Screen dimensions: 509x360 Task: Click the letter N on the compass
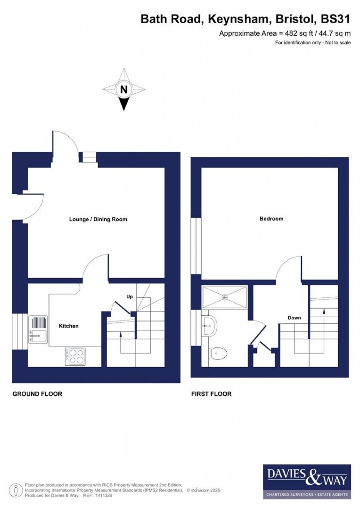pos(124,89)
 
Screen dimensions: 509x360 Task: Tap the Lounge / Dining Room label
pos(98,219)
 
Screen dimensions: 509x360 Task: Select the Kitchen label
pos(69,326)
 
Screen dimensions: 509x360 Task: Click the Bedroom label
pos(271,219)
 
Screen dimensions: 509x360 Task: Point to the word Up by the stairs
pos(129,297)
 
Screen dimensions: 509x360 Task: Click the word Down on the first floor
pos(294,318)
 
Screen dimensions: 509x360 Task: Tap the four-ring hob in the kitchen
pos(75,356)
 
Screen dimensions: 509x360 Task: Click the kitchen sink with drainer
pos(38,330)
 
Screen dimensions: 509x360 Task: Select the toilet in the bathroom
pos(219,354)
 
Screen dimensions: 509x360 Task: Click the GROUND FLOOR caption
pos(37,394)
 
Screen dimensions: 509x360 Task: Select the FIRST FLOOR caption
pos(211,394)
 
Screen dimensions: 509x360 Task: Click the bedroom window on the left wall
pos(196,246)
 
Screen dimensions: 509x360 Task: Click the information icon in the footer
pos(15,490)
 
